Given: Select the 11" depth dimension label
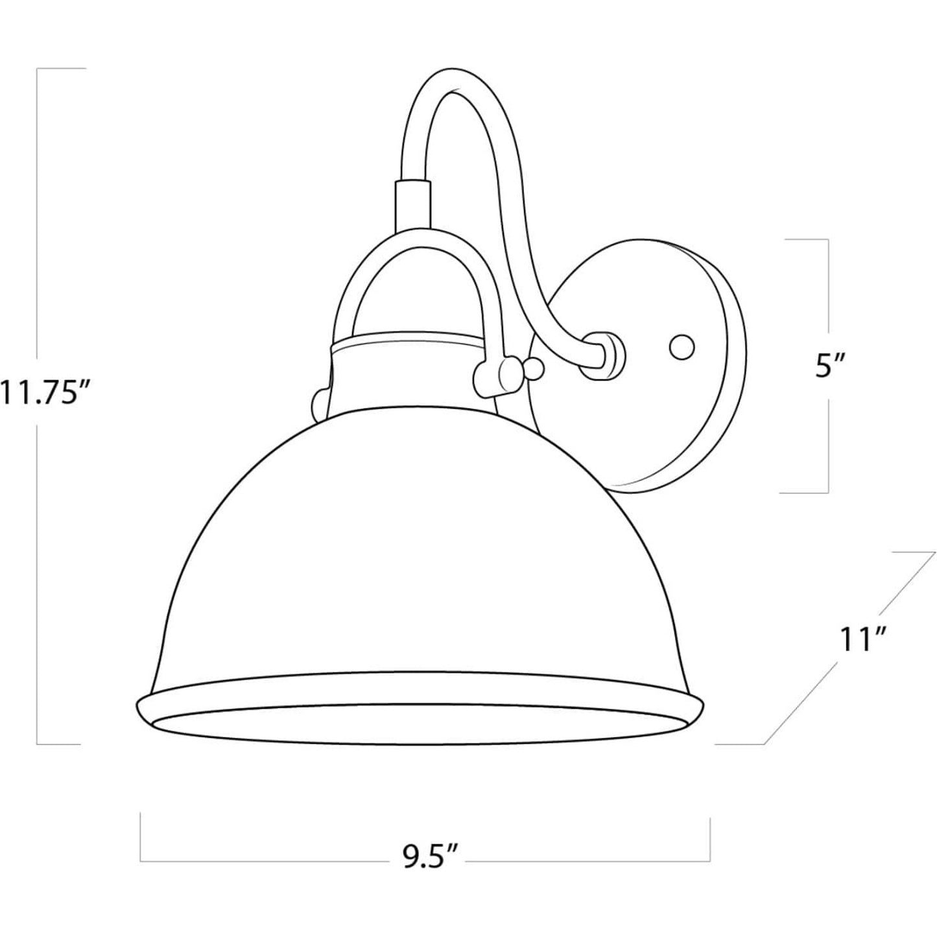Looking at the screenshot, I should coord(860,640).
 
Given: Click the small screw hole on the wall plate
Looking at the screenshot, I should coord(682,348).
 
